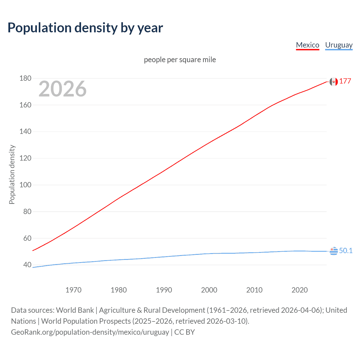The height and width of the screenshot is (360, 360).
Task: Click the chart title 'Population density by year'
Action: [x=85, y=28]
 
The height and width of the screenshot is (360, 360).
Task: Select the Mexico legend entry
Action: [x=307, y=45]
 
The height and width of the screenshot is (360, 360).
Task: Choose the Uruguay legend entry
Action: [x=339, y=45]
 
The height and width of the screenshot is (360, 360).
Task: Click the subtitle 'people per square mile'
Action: [x=180, y=60]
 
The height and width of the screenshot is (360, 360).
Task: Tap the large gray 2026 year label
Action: [x=62, y=89]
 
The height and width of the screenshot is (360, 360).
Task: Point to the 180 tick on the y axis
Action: [x=25, y=78]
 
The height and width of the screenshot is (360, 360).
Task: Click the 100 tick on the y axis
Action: [x=25, y=185]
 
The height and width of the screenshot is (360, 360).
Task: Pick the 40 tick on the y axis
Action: [x=27, y=265]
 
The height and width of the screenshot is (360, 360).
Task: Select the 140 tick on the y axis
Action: [x=25, y=131]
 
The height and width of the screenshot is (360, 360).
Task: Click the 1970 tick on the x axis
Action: [x=73, y=290]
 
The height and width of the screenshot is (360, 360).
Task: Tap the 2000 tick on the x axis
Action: [x=209, y=290]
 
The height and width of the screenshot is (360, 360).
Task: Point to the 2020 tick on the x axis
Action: [x=300, y=290]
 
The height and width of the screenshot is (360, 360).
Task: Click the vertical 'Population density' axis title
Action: [x=12, y=174]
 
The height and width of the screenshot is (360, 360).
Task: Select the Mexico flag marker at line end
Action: [x=334, y=82]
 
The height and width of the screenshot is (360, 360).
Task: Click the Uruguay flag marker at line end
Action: [x=334, y=251]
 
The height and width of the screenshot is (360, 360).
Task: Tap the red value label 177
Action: [x=345, y=81]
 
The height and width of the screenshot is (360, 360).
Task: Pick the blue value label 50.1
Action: [x=346, y=251]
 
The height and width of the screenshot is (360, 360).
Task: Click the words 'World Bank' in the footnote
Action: [x=75, y=310]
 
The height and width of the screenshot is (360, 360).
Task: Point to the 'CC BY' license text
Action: [x=184, y=332]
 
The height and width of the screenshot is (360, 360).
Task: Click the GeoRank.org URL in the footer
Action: [x=90, y=332]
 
